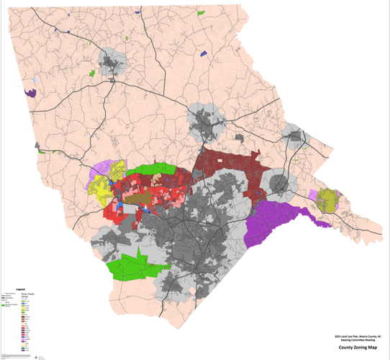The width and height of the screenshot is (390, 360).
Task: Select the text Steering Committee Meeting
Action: tap(355, 339)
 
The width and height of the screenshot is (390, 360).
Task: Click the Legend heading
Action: tap(20, 289)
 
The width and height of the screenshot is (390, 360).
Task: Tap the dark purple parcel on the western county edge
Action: tap(30, 92)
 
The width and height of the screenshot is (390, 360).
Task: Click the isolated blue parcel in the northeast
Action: tap(204, 53)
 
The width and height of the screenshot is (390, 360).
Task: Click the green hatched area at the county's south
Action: tap(133, 264)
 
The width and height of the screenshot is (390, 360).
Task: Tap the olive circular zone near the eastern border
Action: tap(329, 199)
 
